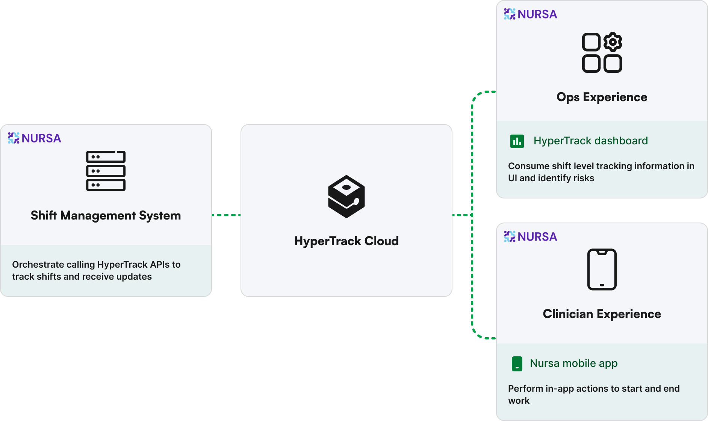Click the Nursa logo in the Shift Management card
coord(35,138)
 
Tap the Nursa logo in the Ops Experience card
coord(530,14)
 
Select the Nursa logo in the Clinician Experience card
coord(530,237)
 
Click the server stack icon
coord(106,171)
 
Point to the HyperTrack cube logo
coord(346,197)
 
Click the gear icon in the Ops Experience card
coord(613,42)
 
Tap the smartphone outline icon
coord(602,269)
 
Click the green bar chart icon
coord(517,141)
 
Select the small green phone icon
coord(517,364)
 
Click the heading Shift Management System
coord(106,215)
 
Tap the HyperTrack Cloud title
coord(346,241)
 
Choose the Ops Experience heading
coord(602,97)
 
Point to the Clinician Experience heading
coord(602,314)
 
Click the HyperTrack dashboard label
coord(590,141)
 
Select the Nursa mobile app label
coord(573,363)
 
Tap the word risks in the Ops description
coord(584,178)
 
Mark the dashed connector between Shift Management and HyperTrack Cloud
coord(226,215)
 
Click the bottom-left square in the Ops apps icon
coord(591,64)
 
